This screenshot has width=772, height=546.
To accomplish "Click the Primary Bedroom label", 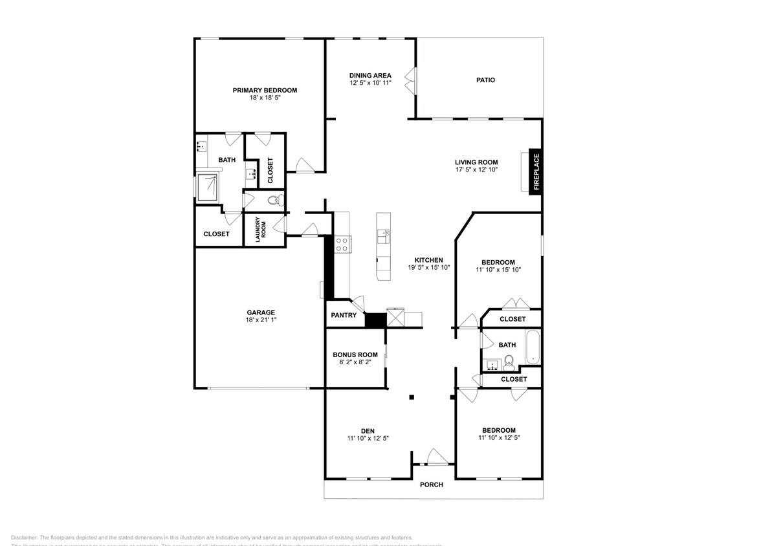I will pos(265,90).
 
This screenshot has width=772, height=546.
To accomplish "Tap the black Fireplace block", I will pos(536,172).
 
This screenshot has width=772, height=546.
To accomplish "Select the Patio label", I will pos(485,80).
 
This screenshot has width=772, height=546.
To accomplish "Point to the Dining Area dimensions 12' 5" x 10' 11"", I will pos(370,83).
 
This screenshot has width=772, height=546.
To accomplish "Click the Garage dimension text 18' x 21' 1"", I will pos(260,320).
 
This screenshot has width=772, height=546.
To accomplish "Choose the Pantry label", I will pos(344,316).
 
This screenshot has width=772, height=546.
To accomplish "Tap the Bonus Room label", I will pos(355,355).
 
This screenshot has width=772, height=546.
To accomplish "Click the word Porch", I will pos(432,485).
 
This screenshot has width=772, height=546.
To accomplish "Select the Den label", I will pos(368,431).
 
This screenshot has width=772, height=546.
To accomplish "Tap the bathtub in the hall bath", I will pos(533,348).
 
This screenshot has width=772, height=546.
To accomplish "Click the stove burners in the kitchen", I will pos(341,245).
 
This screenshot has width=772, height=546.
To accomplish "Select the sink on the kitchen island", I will pos(383,235).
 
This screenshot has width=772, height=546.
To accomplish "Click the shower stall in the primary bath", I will pos(208,188).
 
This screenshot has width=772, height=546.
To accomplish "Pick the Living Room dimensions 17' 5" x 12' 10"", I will pos(476,170).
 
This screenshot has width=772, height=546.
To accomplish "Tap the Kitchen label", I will pos(428,259).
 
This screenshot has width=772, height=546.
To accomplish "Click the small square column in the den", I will pos(411,397).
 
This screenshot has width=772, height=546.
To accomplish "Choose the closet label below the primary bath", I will pos(216,234).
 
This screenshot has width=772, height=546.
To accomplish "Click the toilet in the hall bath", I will pos(509,362).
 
